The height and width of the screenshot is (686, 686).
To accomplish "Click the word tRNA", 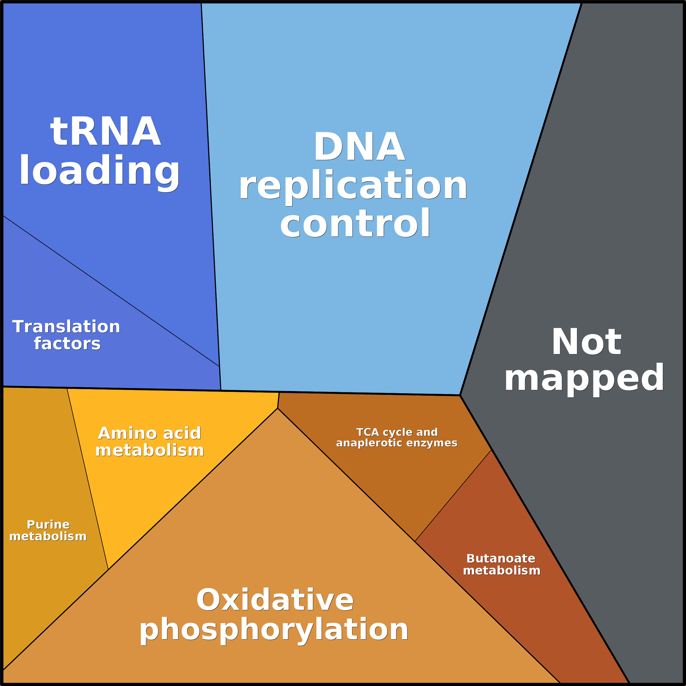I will click(x=105, y=131).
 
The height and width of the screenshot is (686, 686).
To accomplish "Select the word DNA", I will click(x=359, y=147).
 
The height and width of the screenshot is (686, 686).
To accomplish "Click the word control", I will click(x=355, y=224).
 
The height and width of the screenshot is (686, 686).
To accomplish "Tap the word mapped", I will click(x=584, y=379).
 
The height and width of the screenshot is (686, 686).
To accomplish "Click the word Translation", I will click(x=66, y=327).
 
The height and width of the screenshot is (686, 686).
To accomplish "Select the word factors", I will click(x=67, y=344).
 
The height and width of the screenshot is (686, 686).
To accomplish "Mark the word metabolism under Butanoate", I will click(x=502, y=570).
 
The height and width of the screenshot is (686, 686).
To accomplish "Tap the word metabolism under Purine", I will click(x=48, y=537).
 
